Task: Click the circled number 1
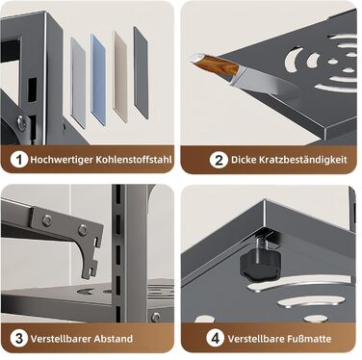tap(18, 159)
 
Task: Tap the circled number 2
tap(219, 160)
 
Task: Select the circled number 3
tap(18, 338)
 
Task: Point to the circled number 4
tap(215, 338)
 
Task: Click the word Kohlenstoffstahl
tap(134, 160)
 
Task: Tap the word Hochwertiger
tap(61, 160)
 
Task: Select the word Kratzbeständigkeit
tap(303, 160)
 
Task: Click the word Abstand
tap(114, 339)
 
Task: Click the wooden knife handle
tap(216, 64)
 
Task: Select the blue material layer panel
tap(98, 79)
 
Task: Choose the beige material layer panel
tap(120, 76)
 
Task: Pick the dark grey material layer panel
tap(141, 72)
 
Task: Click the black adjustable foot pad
tap(259, 265)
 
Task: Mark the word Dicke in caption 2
tap(243, 160)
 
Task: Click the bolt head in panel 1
tap(21, 121)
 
